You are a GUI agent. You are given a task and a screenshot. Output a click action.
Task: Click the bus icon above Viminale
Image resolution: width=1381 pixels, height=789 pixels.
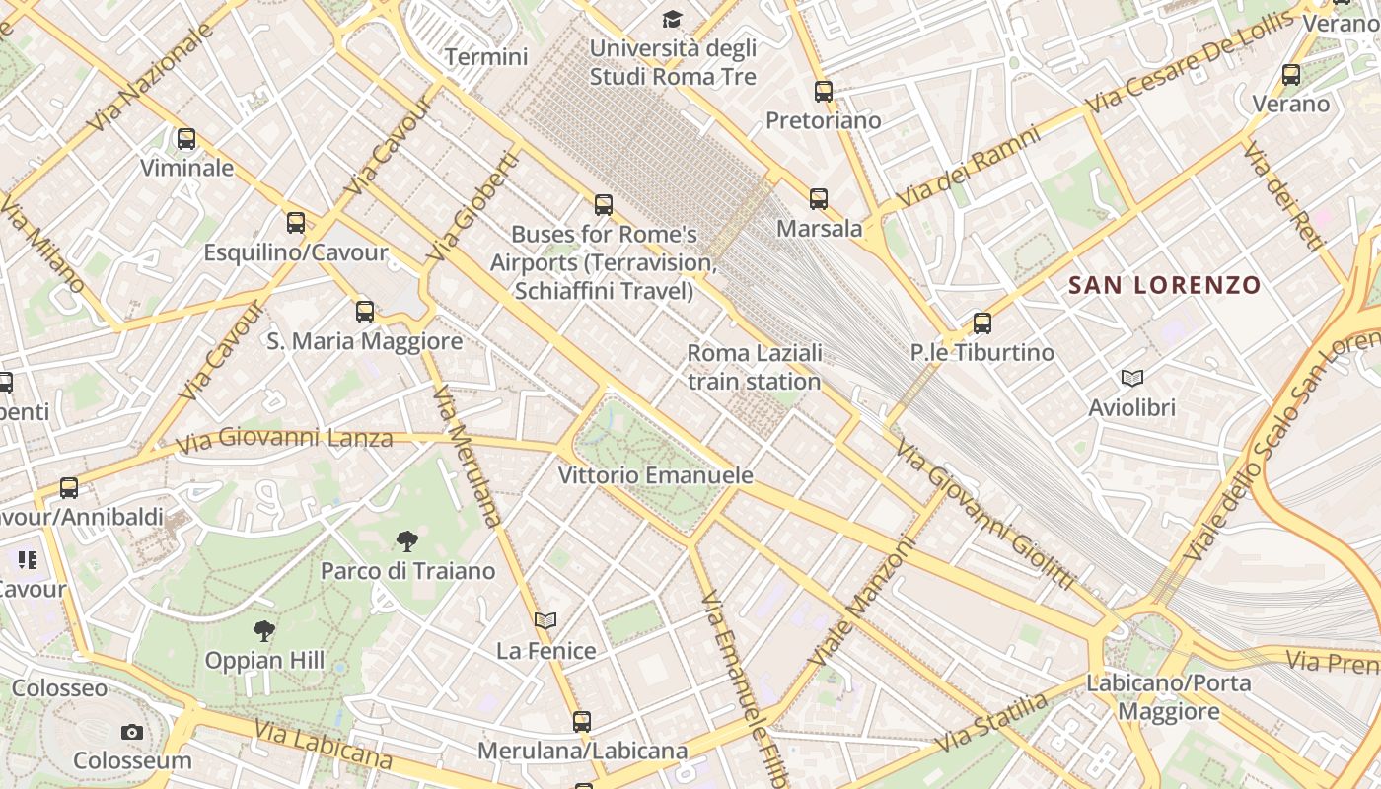coord(186,139)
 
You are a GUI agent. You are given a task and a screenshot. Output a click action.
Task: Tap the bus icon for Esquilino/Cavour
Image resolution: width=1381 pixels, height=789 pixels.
coord(296,223)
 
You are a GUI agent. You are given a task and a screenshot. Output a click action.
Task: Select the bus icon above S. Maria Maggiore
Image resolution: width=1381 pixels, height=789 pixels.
coord(365,312)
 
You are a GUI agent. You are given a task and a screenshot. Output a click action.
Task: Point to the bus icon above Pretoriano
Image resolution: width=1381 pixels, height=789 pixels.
coord(824,92)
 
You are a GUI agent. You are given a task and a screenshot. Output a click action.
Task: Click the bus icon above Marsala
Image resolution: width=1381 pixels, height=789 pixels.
coord(819,199)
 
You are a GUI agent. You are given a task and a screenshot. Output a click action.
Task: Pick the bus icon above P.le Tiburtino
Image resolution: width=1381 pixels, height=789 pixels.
coord(981,323)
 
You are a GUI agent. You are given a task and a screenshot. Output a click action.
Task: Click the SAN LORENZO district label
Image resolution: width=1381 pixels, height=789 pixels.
coord(1165,286)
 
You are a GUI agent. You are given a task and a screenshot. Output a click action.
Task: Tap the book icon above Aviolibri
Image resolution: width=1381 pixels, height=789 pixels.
coord(1131,378)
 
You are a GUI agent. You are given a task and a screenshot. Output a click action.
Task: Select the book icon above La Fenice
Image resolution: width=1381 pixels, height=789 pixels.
coord(545,620)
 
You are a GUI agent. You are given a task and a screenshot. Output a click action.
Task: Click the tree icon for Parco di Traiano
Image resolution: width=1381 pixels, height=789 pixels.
coord(406,540)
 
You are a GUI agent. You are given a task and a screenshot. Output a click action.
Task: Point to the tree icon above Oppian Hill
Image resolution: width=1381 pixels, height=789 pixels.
coord(263,630)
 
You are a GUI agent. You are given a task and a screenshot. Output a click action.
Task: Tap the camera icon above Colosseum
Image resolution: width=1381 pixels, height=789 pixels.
coord(132,732)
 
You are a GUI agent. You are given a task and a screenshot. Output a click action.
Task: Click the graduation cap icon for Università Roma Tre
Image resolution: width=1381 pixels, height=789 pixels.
coord(672,19)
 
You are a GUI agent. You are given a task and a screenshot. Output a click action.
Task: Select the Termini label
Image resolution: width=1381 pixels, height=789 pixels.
coord(486,57)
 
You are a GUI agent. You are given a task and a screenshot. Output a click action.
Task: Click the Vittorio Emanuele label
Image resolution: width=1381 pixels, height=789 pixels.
coord(656,475)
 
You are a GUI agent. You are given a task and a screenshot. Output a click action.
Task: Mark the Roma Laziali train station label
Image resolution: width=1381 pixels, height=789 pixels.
coord(755,367)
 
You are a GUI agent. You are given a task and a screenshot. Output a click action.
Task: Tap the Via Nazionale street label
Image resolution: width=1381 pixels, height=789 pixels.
coord(150,77)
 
